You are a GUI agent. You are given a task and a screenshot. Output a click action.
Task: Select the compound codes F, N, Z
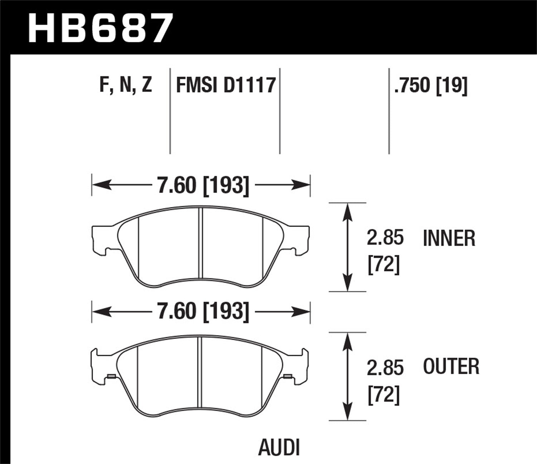pos(126,85)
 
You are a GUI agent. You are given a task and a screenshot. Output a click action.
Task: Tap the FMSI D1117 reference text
pos(226,85)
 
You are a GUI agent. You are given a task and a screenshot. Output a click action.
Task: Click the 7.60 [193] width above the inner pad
pos(203,185)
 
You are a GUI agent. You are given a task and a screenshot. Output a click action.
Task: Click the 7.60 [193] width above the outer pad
pos(203,311)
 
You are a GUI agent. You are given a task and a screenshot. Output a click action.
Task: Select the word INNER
pos(449,238)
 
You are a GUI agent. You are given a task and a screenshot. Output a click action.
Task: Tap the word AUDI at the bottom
pos(279,447)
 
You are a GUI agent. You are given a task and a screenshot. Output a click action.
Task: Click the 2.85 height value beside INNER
pos(385,238)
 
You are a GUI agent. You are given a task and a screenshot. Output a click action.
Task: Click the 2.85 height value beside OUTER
pos(385,368)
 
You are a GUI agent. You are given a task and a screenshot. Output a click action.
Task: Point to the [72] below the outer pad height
pos(383,395)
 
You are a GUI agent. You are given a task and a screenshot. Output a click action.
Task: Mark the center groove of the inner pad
pos(200,243)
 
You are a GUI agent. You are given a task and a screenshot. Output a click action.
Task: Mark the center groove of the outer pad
pos(200,372)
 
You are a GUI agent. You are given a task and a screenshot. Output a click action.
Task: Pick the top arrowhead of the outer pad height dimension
pos(347,340)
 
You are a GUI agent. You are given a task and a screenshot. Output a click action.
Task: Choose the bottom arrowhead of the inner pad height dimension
pos(347,284)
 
